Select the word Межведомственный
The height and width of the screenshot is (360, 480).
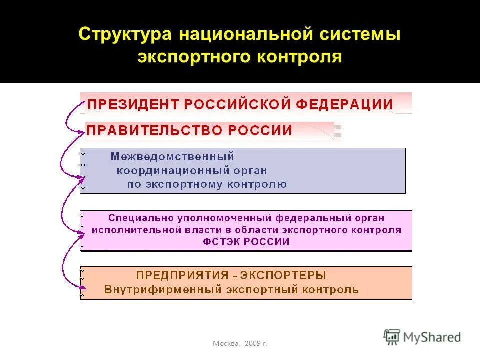tap(172, 157)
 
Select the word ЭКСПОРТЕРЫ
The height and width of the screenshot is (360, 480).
tap(283, 275)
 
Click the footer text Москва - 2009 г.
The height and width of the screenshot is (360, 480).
tap(240, 343)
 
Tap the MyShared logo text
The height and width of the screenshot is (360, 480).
tap(432, 337)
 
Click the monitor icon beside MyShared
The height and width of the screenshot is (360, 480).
tap(392, 337)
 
